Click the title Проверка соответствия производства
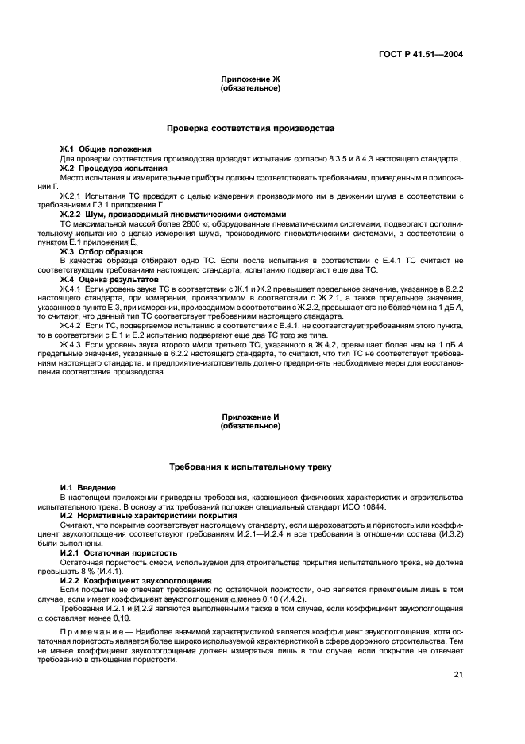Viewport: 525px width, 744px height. pyautogui.click(x=250, y=128)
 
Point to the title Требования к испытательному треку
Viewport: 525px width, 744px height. pyautogui.click(x=250, y=466)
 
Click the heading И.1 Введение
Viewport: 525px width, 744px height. pyautogui.click(x=88, y=486)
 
